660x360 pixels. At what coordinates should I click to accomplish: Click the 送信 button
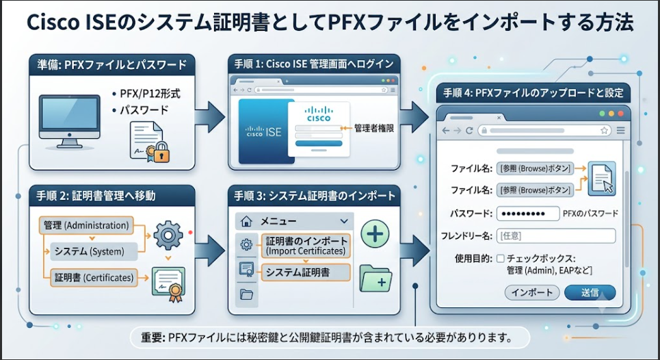click(x=590, y=293)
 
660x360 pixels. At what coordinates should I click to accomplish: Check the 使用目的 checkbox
click(x=501, y=258)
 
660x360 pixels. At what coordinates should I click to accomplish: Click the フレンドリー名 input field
click(x=556, y=236)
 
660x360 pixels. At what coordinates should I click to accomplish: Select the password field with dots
click(x=528, y=214)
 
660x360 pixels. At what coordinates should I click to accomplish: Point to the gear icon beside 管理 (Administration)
click(x=168, y=235)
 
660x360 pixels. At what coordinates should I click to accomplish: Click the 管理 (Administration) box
click(x=86, y=225)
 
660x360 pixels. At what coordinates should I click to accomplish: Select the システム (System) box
click(x=94, y=251)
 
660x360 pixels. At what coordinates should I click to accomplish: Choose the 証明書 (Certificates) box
click(x=94, y=278)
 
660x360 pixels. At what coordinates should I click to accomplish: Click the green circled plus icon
click(x=375, y=233)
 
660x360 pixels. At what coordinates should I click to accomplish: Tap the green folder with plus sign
click(x=376, y=279)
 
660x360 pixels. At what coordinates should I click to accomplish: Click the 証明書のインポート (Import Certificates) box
click(x=306, y=246)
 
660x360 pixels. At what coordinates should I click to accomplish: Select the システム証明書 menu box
click(x=306, y=272)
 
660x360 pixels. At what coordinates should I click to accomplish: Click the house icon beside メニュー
click(x=246, y=221)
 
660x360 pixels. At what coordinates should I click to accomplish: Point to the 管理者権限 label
click(x=374, y=128)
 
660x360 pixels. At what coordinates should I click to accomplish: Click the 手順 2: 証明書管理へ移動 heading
click(x=96, y=195)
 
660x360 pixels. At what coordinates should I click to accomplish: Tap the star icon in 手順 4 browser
click(x=604, y=131)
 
